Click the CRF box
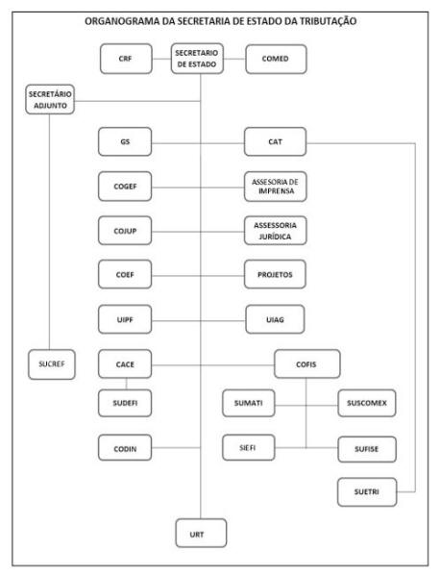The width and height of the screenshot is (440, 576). pos(126,59)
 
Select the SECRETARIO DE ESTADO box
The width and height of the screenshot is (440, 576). pos(197,59)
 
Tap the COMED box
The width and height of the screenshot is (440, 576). pos(276,59)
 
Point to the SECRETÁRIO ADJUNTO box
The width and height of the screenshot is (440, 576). pos(50,99)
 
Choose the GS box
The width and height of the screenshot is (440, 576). pos(125,141)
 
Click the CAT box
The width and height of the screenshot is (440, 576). pos(275,141)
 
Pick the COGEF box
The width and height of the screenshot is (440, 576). pos(125,187)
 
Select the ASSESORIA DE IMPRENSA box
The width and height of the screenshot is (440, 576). pos(275,187)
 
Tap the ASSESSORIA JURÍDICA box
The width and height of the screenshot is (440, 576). pos(275,231)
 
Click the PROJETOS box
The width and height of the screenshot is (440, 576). pos(275,274)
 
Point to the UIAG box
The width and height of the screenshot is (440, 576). pos(275,319)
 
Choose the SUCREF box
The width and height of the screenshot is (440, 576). pos(52,364)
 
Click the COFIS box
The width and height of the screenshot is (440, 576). pos(307,364)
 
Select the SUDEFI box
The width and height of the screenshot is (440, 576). pos(125,403)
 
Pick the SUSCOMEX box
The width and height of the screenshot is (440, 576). pos(367,403)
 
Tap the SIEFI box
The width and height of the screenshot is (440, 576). pos(249,447)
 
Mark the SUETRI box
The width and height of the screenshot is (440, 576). pos(367,492)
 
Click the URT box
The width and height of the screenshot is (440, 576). pos(201,533)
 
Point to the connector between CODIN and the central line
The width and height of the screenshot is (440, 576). pos(176,448)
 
